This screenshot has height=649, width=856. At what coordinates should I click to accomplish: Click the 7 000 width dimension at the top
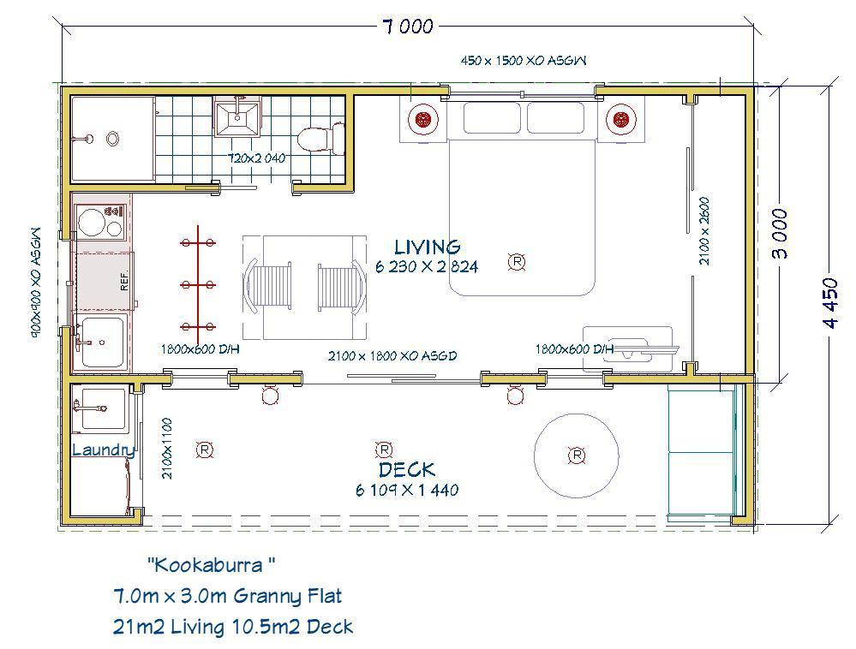[409, 27]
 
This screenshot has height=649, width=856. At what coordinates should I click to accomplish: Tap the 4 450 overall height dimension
[830, 303]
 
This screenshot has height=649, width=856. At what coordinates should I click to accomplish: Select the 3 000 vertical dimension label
[781, 234]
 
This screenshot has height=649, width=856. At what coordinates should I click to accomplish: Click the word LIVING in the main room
[428, 247]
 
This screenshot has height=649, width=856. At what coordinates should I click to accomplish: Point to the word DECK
[407, 469]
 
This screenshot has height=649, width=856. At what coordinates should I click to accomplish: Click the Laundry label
[104, 450]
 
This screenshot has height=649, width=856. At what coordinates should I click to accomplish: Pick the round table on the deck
[577, 455]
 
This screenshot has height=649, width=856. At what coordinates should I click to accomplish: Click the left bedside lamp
[423, 119]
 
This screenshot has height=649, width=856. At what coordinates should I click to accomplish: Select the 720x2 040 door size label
[256, 158]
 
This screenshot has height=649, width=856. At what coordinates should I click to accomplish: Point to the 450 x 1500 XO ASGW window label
[524, 61]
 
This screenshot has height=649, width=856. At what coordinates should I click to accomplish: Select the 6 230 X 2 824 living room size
[427, 266]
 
